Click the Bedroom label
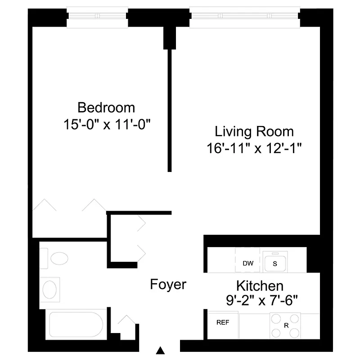click(106, 108)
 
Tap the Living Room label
click(254, 132)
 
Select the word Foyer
click(168, 284)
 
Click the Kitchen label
click(260, 286)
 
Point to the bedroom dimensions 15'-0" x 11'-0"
click(106, 125)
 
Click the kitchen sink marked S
click(274, 264)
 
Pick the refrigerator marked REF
click(223, 323)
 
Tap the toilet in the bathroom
click(58, 258)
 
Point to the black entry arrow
click(160, 350)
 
